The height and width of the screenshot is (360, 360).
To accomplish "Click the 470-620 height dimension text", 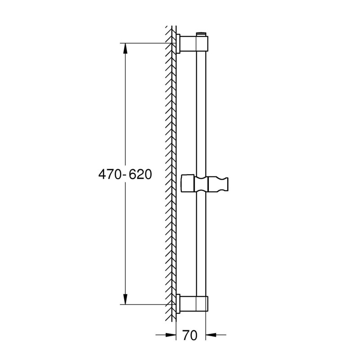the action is (x=125, y=175).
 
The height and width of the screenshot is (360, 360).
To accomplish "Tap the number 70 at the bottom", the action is (x=190, y=335).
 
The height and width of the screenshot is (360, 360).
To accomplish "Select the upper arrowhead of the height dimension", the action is (x=125, y=49).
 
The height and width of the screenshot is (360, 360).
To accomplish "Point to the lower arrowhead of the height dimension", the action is (x=125, y=299).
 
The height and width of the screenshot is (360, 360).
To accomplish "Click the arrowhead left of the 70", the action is (x=171, y=335).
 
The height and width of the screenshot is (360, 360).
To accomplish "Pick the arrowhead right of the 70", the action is (x=211, y=335).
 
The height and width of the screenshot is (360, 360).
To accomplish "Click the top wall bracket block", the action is (x=194, y=43).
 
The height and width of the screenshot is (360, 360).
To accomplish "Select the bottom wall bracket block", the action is (x=194, y=304).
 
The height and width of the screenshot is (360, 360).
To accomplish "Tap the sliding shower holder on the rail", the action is (x=205, y=184).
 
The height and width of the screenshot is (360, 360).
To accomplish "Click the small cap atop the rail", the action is (x=201, y=34).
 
